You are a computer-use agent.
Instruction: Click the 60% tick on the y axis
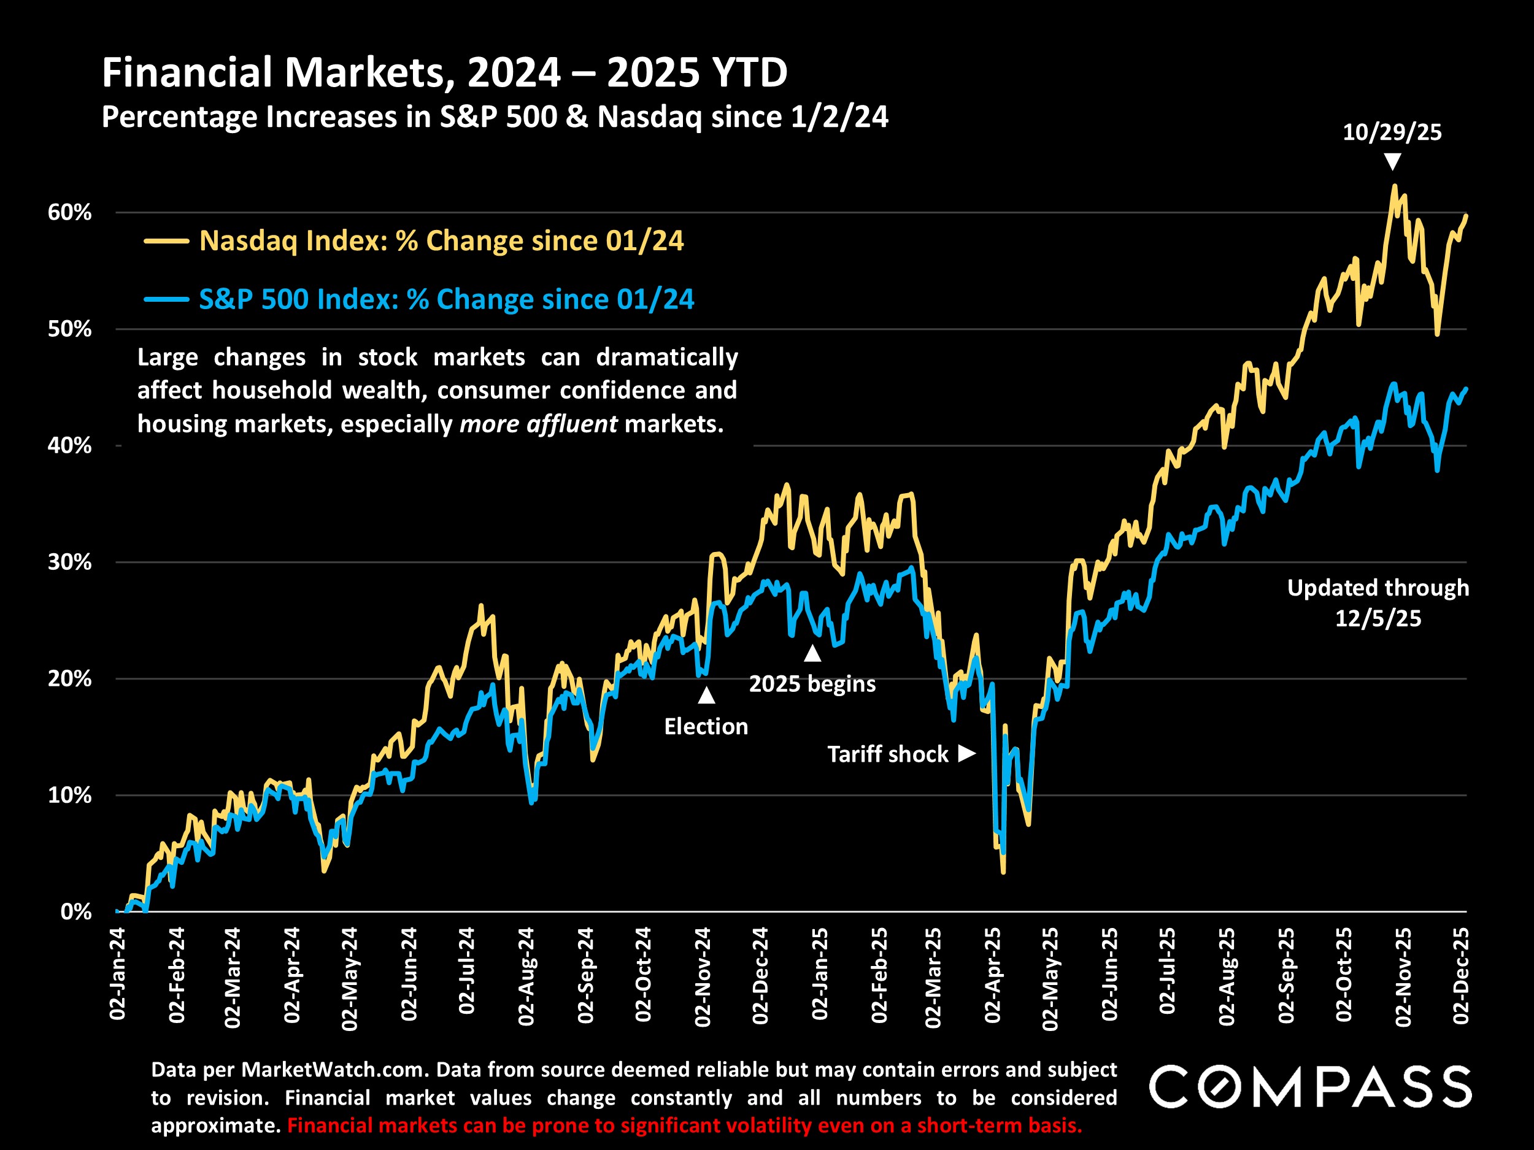click(69, 212)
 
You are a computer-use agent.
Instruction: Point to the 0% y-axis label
click(75, 911)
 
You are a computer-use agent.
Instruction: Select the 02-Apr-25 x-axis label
click(992, 975)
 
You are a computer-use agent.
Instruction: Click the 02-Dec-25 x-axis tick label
click(1460, 975)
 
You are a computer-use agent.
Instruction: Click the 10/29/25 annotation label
click(1392, 132)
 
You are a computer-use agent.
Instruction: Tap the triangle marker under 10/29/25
click(1392, 162)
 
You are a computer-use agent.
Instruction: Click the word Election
click(706, 726)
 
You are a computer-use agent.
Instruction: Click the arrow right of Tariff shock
click(966, 754)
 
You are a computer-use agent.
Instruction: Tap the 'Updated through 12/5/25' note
click(1378, 602)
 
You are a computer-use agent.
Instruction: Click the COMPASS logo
click(1309, 1086)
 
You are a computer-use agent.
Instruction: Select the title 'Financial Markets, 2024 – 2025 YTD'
click(444, 72)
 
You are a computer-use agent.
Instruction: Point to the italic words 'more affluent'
click(538, 424)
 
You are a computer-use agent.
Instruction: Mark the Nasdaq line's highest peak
click(1394, 186)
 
